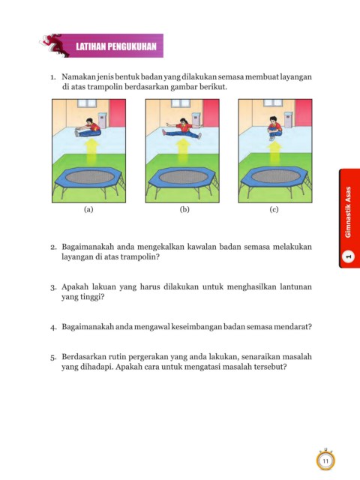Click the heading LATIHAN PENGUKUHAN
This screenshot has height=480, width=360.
click(x=116, y=46)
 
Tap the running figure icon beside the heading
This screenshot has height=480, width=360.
click(x=55, y=45)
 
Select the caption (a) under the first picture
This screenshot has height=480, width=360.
click(x=88, y=209)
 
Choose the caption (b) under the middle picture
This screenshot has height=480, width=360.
click(x=184, y=209)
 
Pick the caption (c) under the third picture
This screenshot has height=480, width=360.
click(x=274, y=209)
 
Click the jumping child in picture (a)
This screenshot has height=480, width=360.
click(x=88, y=128)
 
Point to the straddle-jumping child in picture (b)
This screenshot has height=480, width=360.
click(x=183, y=128)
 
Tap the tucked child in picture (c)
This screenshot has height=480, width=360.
click(x=274, y=127)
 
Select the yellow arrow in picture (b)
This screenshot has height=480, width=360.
click(x=183, y=151)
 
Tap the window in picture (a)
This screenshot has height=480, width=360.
click(x=87, y=103)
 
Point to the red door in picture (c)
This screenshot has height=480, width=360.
click(x=303, y=113)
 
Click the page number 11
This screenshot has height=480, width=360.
click(x=325, y=461)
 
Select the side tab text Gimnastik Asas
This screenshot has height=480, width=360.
click(x=348, y=211)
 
